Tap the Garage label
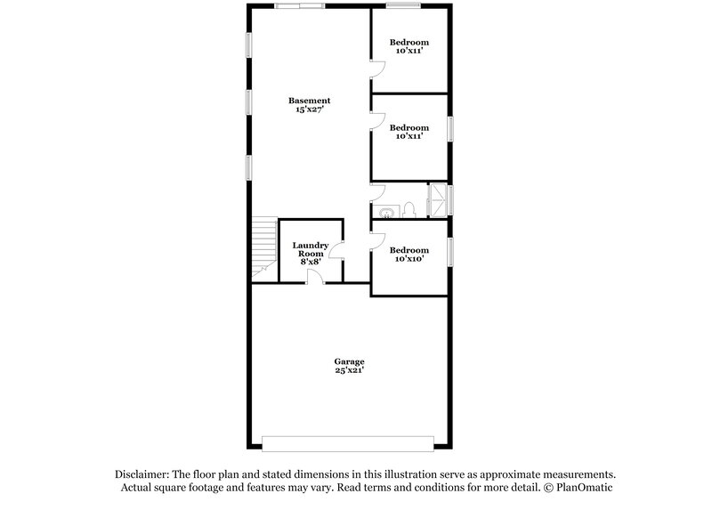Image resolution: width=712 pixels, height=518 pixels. [x=349, y=361]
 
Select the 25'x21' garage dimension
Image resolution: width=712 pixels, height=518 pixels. [x=349, y=370]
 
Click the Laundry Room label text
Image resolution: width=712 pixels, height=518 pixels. [x=311, y=250]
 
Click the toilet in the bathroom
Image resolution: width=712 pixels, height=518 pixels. [x=409, y=210]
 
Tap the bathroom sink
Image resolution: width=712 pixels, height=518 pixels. [x=386, y=212]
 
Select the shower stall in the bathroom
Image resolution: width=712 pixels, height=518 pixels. [x=438, y=198]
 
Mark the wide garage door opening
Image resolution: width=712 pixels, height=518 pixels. [x=348, y=442]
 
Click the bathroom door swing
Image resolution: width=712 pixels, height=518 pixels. [x=377, y=192]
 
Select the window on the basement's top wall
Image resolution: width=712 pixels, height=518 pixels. [x=299, y=6]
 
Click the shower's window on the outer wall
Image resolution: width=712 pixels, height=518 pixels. [x=451, y=198]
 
